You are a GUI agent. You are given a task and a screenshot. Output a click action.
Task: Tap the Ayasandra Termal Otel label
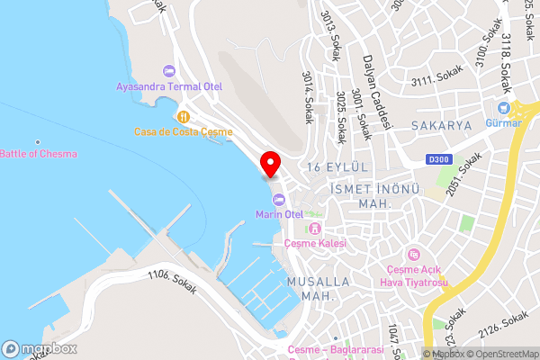169,87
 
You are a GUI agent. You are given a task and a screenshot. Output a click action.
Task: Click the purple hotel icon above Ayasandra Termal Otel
168,71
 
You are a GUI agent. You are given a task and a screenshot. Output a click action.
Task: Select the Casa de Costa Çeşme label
184,131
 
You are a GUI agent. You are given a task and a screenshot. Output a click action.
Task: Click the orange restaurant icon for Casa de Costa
184,116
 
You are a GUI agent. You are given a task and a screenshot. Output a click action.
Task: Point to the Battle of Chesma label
39,154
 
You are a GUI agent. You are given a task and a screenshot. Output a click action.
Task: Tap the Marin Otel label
280,214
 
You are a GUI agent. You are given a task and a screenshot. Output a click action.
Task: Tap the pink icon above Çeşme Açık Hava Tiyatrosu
414,254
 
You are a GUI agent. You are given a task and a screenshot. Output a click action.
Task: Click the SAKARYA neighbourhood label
441,126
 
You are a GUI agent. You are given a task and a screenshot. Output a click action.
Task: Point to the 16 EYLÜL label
338,168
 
